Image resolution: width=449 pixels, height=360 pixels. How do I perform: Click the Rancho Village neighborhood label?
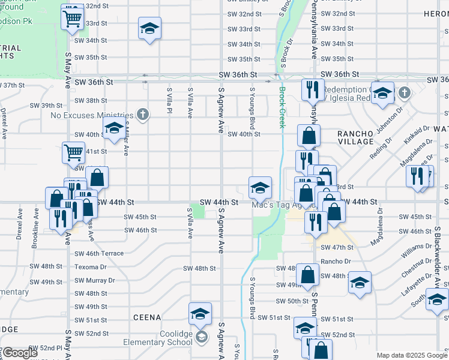point(355,137)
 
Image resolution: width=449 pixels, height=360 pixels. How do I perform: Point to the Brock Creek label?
point(282,107)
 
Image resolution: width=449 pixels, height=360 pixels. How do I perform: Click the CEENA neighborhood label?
point(147,317)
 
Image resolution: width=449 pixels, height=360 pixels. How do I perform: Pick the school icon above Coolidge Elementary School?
point(200,313)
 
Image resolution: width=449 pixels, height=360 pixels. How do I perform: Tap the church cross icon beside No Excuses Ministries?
point(142,113)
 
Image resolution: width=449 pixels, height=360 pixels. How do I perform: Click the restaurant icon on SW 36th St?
point(312,90)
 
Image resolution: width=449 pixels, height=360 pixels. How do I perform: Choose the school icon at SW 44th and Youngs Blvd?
point(260,187)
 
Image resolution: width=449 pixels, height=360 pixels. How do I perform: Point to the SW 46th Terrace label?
point(99,254)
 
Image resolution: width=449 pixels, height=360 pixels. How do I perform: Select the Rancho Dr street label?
point(335,262)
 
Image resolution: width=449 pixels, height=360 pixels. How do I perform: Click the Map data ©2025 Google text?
point(412,355)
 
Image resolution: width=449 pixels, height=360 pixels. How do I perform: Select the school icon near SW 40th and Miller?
point(113,128)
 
